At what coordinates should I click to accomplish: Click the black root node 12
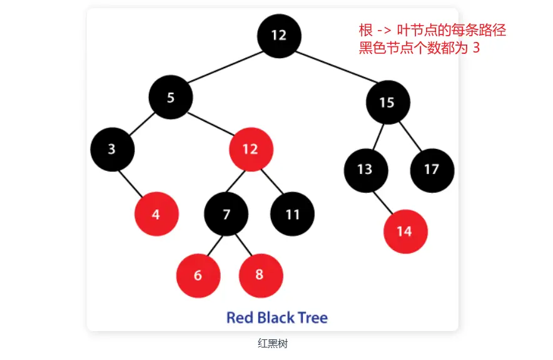point(279,35)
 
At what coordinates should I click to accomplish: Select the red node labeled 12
point(250,149)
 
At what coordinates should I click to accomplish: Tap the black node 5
point(170,97)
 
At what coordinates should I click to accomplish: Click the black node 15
point(387,102)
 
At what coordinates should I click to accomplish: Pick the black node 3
point(112,149)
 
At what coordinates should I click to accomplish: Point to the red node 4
point(156,214)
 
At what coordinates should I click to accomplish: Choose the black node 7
point(226,214)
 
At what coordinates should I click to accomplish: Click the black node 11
point(292,214)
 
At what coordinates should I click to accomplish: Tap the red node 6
point(198,275)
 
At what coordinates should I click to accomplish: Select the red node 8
point(261,275)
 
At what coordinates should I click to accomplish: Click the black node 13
point(365,169)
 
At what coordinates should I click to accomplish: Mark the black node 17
point(432,169)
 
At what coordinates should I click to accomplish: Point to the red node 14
point(405,232)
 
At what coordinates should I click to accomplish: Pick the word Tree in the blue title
point(310,317)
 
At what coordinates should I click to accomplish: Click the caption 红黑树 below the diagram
point(272,343)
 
